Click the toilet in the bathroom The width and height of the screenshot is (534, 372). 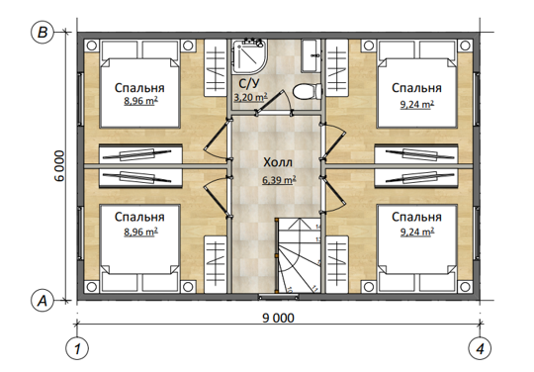pyautogui.click(x=308, y=92)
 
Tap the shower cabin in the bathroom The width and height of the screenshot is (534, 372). pyautogui.click(x=249, y=56)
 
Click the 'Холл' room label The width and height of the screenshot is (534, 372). pyautogui.click(x=278, y=162)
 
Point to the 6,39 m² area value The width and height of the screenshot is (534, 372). pyautogui.click(x=279, y=179)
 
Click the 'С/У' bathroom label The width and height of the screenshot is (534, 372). pyautogui.click(x=249, y=84)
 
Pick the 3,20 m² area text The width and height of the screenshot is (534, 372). pyautogui.click(x=250, y=97)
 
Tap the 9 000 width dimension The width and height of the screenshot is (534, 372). pyautogui.click(x=278, y=318)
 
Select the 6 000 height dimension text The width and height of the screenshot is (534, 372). pyautogui.click(x=59, y=166)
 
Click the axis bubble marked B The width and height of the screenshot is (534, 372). pyautogui.click(x=43, y=33)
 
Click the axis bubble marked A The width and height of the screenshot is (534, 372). pyautogui.click(x=43, y=301)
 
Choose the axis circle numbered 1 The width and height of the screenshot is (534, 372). pyautogui.click(x=77, y=348)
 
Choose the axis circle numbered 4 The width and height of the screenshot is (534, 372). pyautogui.click(x=480, y=348)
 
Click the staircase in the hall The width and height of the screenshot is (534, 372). pyautogui.click(x=298, y=255)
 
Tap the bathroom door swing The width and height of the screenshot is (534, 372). pyautogui.click(x=274, y=102)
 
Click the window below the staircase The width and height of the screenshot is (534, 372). pyautogui.click(x=278, y=297)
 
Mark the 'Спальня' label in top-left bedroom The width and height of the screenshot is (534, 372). pyautogui.click(x=139, y=88)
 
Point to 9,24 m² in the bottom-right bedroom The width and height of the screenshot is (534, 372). pyautogui.click(x=417, y=232)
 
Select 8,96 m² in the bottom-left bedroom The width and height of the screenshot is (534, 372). pyautogui.click(x=140, y=232)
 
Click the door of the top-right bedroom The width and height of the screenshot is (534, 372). pyautogui.click(x=333, y=142)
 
